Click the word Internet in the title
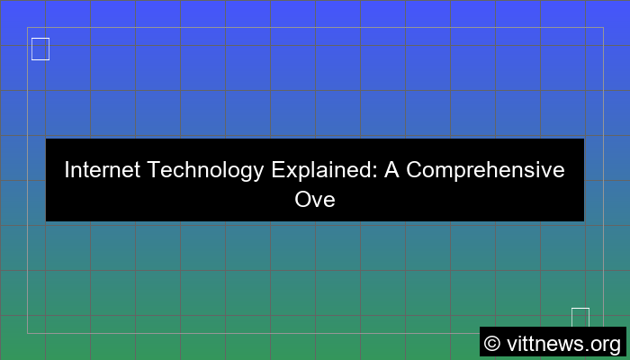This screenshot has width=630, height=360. coord(101,169)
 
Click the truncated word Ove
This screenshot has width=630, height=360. coord(315,199)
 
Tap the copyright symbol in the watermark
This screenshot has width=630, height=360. coord(491,343)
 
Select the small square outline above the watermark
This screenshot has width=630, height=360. coord(580,317)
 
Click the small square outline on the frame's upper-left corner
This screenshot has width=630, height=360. coord(40,49)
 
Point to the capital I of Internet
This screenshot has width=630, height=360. coord(67,169)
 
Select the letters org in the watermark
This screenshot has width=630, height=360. coord(606,344)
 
